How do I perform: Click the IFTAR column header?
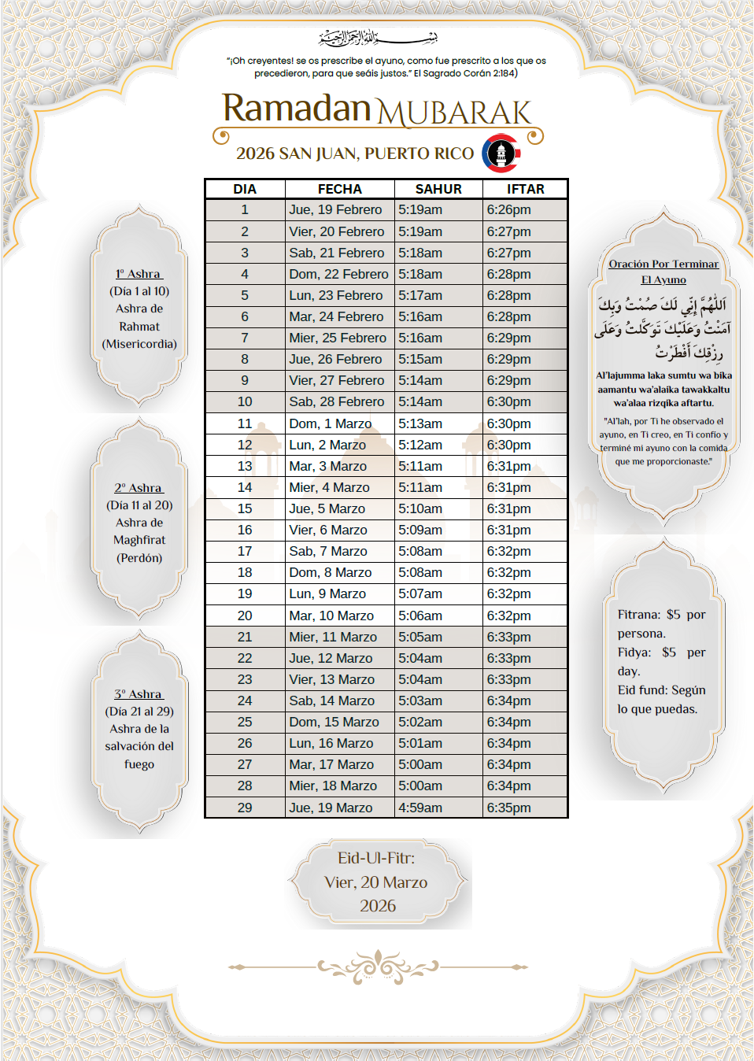(x=525, y=189)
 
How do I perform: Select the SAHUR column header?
(x=438, y=189)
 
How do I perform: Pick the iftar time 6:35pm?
(x=508, y=808)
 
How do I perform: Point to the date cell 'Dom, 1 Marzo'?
(x=330, y=423)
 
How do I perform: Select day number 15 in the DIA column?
(x=245, y=509)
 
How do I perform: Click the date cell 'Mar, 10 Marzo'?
(x=331, y=616)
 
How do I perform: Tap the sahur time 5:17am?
(x=420, y=296)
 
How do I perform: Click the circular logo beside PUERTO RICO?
(x=501, y=153)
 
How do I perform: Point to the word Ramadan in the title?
(x=296, y=109)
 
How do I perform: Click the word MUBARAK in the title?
(x=454, y=113)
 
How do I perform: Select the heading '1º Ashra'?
(x=139, y=274)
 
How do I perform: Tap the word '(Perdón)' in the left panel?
(x=139, y=558)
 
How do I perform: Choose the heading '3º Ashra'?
(x=139, y=694)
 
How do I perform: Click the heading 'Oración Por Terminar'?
(x=663, y=264)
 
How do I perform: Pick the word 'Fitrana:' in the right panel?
(x=638, y=615)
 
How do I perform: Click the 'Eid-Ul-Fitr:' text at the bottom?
(x=376, y=858)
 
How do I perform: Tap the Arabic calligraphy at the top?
(x=378, y=37)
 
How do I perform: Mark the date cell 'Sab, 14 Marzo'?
(x=331, y=701)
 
